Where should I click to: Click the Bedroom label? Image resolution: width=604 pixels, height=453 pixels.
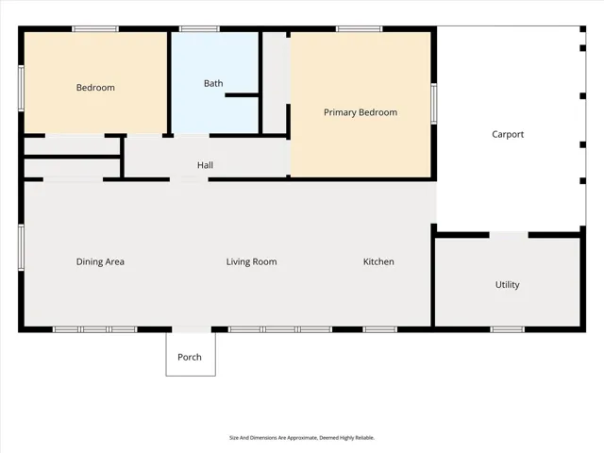[95, 88]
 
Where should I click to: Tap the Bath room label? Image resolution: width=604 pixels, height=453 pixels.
[213, 83]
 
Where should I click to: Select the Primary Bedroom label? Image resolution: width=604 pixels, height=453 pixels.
[361, 112]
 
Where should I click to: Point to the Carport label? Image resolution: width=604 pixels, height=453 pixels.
[508, 134]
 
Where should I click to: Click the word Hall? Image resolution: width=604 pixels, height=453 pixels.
[205, 165]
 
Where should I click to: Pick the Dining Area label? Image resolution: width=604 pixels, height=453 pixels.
[100, 262]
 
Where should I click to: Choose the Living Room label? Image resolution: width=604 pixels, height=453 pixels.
[252, 262]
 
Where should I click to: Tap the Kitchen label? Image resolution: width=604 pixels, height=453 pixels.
[378, 262]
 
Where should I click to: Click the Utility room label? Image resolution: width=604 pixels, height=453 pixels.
[508, 285]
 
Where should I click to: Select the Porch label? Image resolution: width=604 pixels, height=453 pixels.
[190, 357]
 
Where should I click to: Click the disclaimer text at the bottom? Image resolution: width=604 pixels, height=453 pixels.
[302, 438]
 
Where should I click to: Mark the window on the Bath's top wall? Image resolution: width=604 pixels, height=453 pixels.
[199, 29]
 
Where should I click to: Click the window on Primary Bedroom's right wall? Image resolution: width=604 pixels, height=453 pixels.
[434, 104]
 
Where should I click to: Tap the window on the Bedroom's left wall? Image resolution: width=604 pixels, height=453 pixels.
[21, 88]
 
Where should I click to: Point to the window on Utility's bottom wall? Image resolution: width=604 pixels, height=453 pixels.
[508, 329]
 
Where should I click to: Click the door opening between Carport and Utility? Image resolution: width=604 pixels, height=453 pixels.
[509, 235]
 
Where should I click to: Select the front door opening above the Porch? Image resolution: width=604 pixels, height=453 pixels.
[192, 329]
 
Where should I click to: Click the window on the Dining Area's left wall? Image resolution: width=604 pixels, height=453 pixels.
[21, 247]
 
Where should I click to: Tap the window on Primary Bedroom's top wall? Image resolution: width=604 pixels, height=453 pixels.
[360, 29]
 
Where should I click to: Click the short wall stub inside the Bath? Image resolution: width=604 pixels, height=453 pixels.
[242, 94]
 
